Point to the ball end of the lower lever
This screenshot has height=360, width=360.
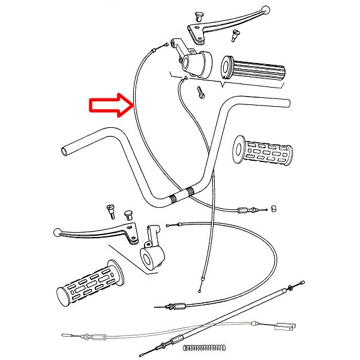(x=58, y=232)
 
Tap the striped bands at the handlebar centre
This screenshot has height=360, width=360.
(x=181, y=196)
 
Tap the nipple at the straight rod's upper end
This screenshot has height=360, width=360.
(x=301, y=282)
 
